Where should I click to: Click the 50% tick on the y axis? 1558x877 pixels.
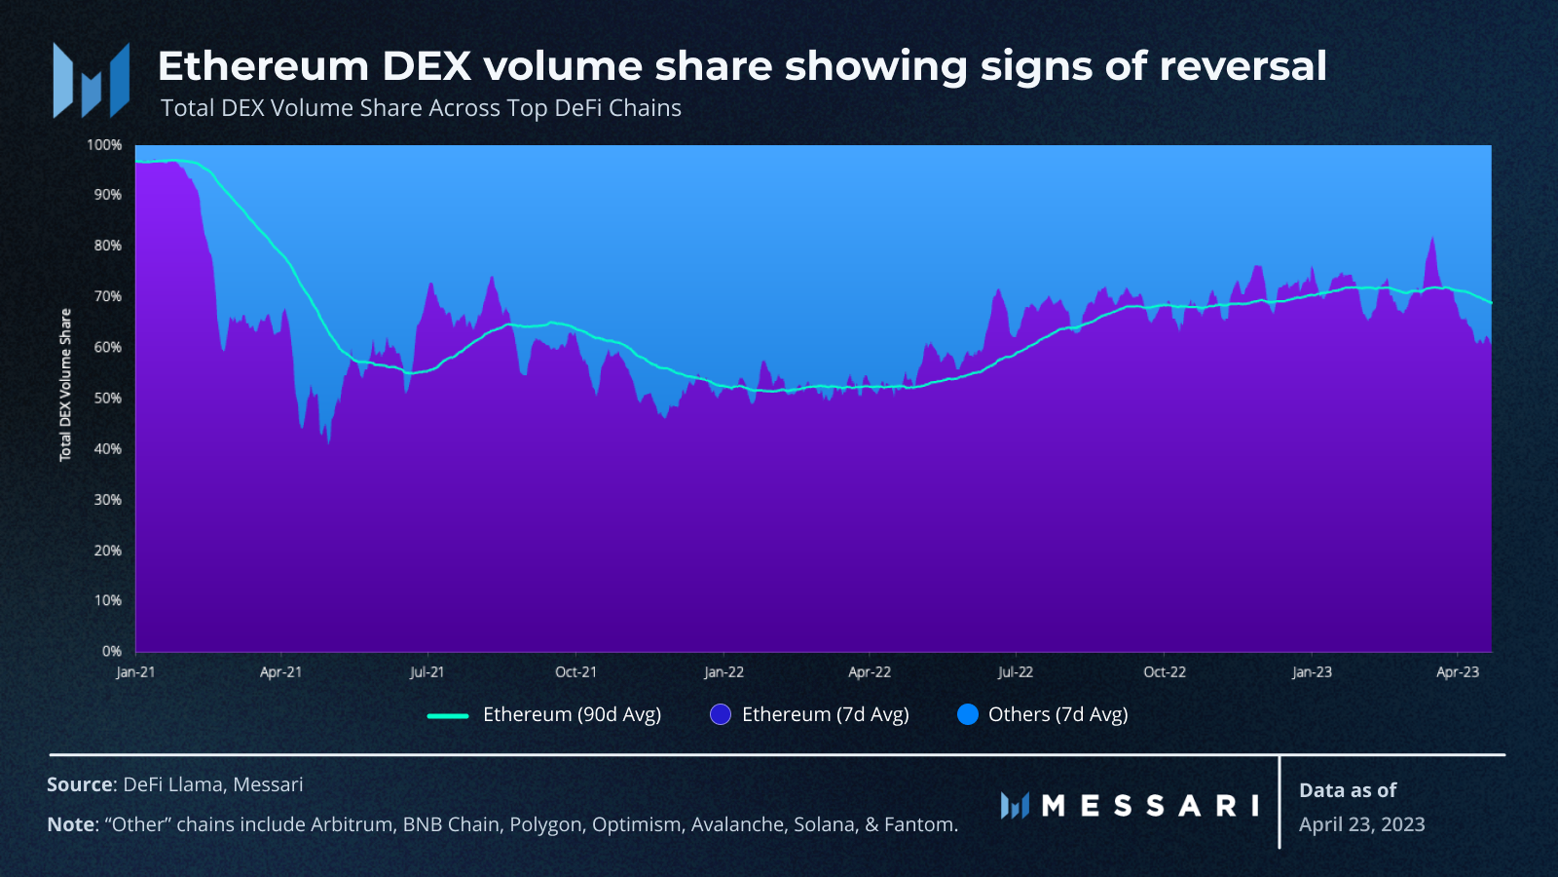[x=108, y=399]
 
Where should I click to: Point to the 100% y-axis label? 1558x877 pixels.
[x=104, y=145]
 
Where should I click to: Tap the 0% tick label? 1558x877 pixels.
[x=112, y=652]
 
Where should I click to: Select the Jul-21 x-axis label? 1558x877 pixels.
[x=427, y=672]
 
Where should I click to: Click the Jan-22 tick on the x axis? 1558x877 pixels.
[x=724, y=672]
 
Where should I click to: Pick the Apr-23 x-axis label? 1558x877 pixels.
[x=1458, y=672]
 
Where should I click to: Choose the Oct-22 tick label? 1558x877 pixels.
[x=1165, y=672]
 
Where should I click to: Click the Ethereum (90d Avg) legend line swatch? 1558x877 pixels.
[x=448, y=715]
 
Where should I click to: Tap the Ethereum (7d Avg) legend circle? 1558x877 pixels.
[x=720, y=715]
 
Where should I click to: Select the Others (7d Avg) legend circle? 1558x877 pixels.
[x=968, y=715]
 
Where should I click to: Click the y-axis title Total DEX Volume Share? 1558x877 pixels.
[x=65, y=385]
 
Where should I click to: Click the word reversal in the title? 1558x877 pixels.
[x=1243, y=66]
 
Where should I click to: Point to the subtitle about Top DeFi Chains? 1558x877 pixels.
[x=421, y=108]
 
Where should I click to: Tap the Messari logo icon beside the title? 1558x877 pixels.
[x=92, y=80]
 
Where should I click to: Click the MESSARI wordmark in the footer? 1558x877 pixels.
[x=1150, y=806]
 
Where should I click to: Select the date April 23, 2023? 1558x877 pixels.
[x=1362, y=824]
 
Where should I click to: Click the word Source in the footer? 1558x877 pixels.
[x=80, y=784]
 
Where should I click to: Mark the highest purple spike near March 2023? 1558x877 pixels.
[x=1432, y=239]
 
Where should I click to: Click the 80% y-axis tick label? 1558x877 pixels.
[x=108, y=246]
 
